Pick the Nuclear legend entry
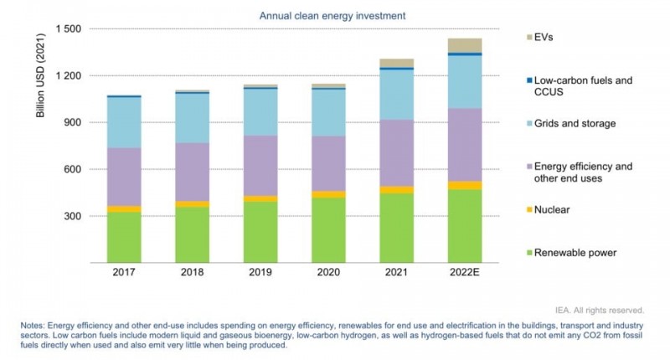coord(551,209)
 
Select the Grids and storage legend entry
coord(574,124)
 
